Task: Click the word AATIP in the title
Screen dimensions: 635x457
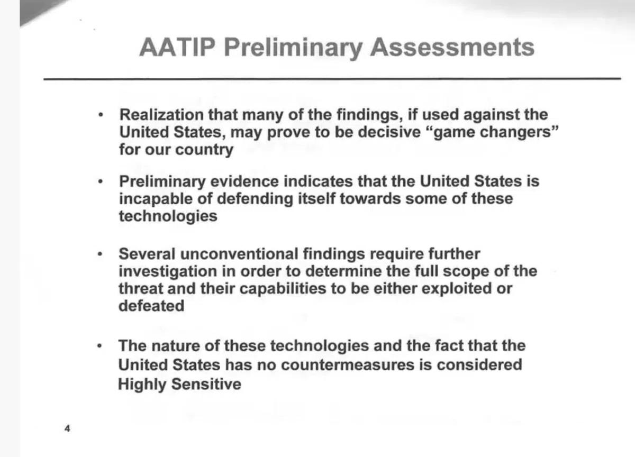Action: (x=177, y=47)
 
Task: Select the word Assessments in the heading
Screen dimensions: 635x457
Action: (x=452, y=47)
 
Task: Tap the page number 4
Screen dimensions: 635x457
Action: (x=67, y=428)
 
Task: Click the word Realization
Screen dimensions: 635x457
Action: (x=161, y=114)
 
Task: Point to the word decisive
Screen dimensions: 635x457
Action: (x=389, y=132)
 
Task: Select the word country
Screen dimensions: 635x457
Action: (x=204, y=150)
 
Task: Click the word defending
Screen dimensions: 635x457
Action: (x=255, y=198)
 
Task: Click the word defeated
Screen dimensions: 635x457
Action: (x=151, y=306)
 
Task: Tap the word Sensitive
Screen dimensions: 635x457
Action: (x=206, y=384)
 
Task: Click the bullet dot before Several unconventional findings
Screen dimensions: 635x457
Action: (x=99, y=254)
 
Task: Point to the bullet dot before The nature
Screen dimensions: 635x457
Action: (x=99, y=346)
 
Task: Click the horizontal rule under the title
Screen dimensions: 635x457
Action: (x=332, y=79)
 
